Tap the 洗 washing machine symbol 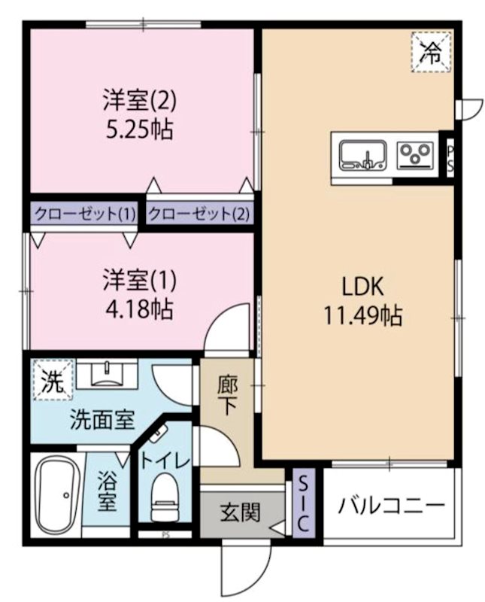click(53, 380)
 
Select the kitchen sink click(363, 155)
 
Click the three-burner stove click(416, 155)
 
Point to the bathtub click(58, 495)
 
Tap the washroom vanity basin click(107, 373)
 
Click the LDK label click(362, 287)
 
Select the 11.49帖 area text click(363, 315)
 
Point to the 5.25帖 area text click(140, 129)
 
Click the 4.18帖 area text click(140, 309)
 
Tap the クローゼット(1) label click(85, 214)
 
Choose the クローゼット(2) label click(199, 214)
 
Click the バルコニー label click(391, 505)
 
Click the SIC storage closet click(303, 502)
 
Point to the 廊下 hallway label click(228, 396)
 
